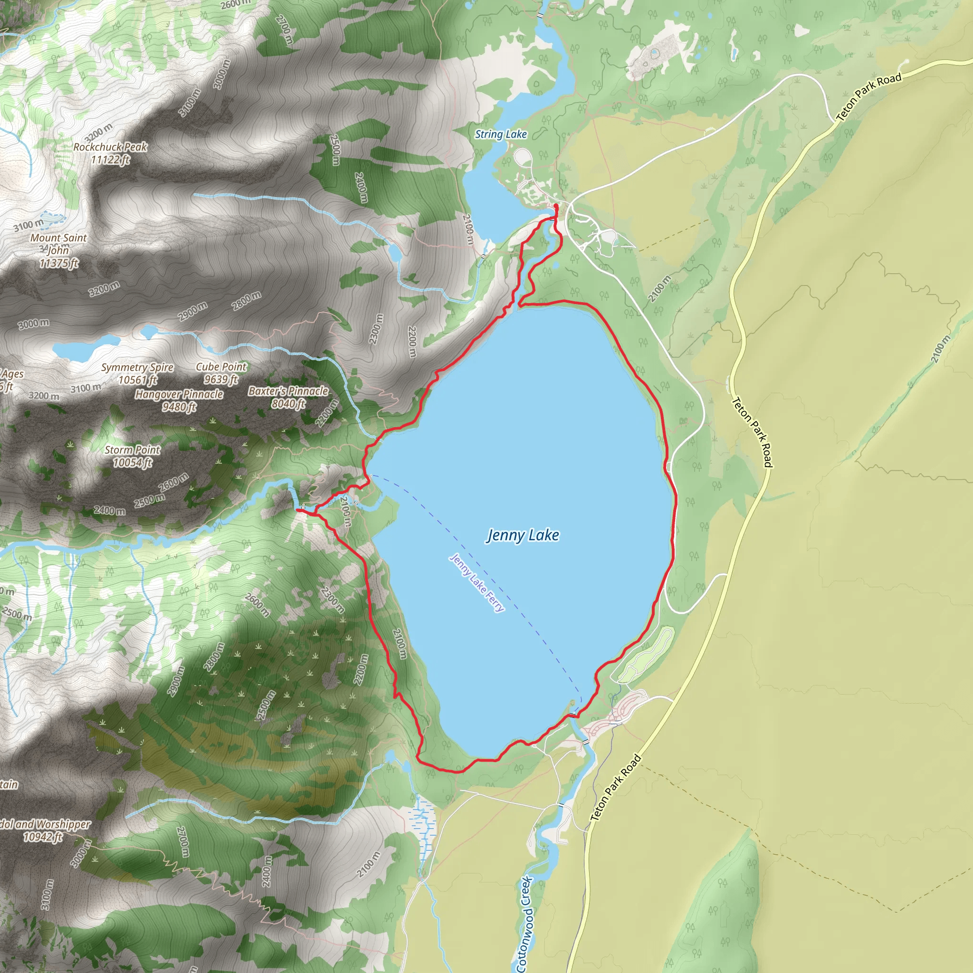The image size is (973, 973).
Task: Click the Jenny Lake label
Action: point(523,535)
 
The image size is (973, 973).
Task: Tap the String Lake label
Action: point(501,134)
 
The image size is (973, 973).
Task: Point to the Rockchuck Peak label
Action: point(110,147)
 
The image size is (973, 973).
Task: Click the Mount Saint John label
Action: point(58,244)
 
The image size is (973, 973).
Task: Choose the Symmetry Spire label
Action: point(137,368)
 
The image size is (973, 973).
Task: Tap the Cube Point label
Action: point(221,367)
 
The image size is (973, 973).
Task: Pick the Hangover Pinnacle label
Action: point(179,394)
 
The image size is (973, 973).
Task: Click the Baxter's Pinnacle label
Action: point(288,391)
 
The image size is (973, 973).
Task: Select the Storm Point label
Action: point(133,450)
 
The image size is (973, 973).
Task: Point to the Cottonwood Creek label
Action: point(525,924)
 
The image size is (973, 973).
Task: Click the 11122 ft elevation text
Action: point(110,160)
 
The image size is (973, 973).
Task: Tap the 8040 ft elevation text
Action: point(288,404)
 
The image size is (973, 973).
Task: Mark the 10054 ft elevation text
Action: point(133,463)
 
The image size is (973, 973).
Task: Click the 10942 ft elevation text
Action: point(43,837)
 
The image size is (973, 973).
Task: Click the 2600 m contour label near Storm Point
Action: point(173,483)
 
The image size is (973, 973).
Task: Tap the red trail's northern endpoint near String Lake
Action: point(555,207)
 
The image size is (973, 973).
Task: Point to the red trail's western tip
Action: point(297,510)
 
